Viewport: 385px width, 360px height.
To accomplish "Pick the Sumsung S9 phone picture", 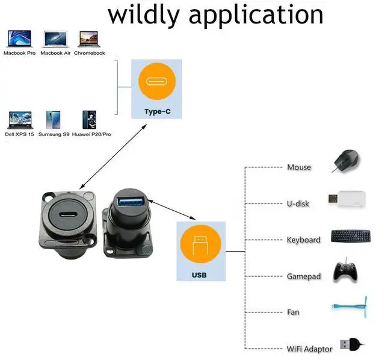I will [54, 119].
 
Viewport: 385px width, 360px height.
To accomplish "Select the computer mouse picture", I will [347, 161].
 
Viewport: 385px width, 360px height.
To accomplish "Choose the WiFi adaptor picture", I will [350, 344].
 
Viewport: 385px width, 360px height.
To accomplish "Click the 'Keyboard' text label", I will [304, 240].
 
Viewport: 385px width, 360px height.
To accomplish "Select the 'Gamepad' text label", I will [304, 276].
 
